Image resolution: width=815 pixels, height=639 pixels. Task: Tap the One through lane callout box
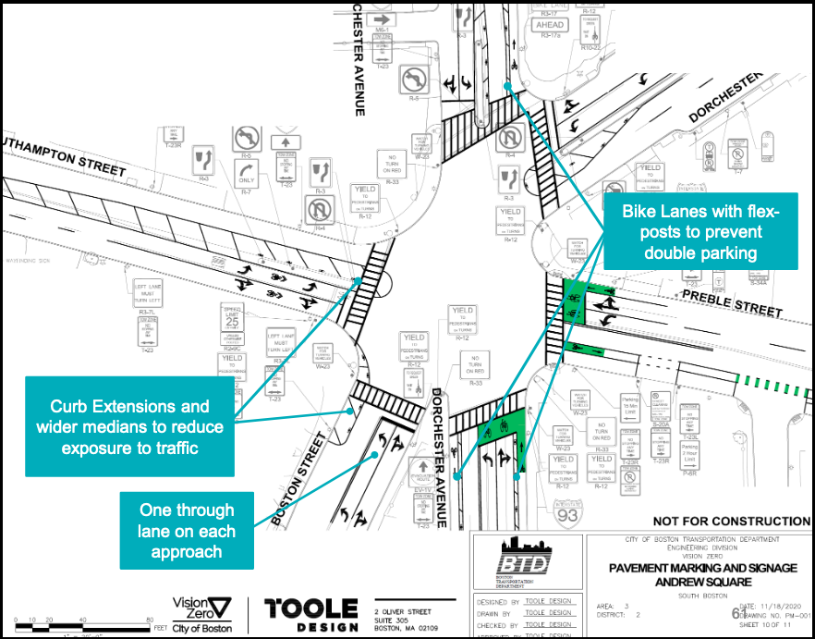(x=187, y=531)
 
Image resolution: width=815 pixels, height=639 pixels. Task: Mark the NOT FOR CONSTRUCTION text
(x=731, y=522)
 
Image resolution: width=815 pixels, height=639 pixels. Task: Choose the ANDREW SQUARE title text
(x=699, y=583)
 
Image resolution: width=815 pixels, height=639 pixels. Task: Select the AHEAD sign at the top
(x=551, y=26)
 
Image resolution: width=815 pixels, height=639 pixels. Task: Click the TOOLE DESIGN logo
(x=310, y=613)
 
